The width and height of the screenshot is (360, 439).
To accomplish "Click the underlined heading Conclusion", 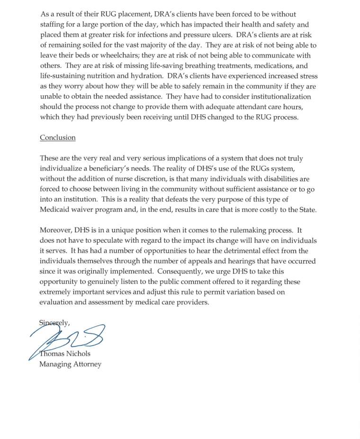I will click(57, 137).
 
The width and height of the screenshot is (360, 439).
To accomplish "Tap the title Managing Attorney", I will click(70, 365).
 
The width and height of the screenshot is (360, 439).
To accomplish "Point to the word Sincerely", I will click(54, 323).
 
